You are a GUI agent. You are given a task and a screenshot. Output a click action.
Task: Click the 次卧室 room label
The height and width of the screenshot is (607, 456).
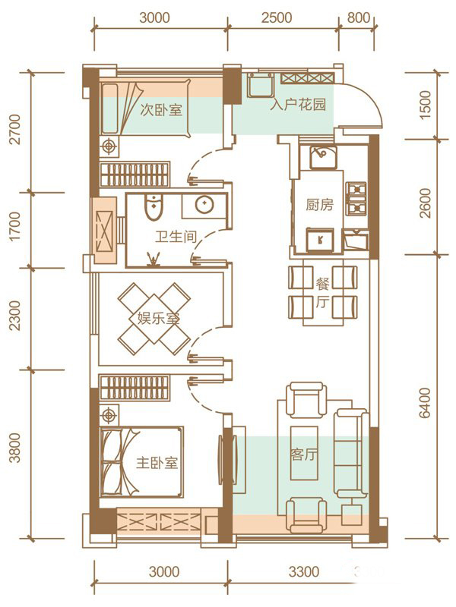tap(161, 111)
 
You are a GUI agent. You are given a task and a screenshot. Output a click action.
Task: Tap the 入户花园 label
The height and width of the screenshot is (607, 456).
tap(297, 105)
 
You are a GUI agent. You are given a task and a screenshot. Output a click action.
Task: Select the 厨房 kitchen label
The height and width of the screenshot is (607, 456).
tap(319, 204)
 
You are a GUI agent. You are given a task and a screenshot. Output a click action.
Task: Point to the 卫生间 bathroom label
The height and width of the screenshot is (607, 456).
tap(176, 237)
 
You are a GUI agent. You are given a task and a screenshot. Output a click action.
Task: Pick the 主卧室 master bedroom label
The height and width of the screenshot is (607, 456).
tap(157, 463)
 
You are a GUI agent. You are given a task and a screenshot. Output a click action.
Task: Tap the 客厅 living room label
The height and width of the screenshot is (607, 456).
tap(303, 454)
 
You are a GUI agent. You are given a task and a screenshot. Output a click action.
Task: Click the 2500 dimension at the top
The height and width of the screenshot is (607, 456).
tap(277, 17)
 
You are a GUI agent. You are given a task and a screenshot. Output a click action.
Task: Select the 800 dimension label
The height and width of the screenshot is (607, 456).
tap(358, 17)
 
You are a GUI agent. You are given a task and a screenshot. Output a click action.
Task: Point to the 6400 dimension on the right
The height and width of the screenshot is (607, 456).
tap(425, 403)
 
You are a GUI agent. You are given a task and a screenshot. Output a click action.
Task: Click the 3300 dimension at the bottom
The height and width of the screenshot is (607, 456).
tap(304, 571)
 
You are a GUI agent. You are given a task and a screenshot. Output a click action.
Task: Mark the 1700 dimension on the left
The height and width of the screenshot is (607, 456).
tap(14, 226)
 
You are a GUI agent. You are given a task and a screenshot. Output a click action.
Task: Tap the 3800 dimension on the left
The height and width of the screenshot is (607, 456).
tap(14, 448)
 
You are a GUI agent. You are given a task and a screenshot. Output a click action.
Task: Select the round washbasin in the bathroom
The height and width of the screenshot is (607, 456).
tap(204, 205)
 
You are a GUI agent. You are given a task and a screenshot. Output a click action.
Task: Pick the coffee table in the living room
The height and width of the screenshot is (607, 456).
tap(305, 454)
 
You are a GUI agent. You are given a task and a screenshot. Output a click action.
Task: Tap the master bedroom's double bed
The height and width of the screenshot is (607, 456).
tap(141, 462)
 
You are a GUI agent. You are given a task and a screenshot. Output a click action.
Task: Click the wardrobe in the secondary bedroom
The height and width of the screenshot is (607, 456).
tap(135, 175)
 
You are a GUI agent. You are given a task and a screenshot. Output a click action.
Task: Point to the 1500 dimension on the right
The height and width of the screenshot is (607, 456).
tap(425, 105)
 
